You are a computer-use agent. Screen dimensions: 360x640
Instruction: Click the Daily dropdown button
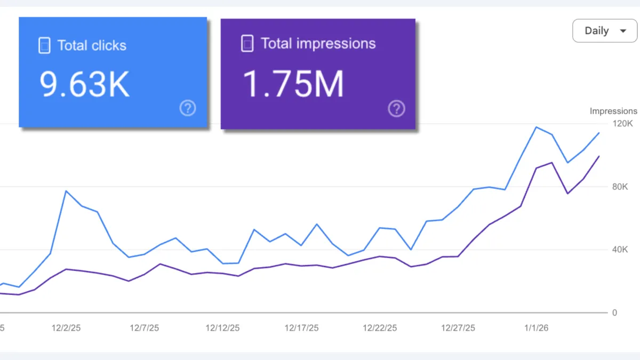[x=604, y=31]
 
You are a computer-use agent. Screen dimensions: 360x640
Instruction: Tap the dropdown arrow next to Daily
[x=623, y=31]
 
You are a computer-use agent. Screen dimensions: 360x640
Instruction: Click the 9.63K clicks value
[x=85, y=84]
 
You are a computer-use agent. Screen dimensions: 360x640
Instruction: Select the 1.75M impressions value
[x=293, y=84]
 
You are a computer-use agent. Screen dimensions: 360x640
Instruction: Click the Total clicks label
[x=92, y=45]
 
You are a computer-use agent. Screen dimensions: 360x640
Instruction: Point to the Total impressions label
[x=318, y=44]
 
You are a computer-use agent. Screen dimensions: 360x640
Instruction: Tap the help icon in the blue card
[x=188, y=108]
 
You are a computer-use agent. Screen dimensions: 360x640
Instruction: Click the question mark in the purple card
[x=396, y=109]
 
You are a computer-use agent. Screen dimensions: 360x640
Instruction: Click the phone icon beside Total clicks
[x=44, y=45]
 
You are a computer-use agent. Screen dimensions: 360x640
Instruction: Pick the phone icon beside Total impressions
[x=247, y=44]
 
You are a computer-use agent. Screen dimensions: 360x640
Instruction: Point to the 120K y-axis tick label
[x=622, y=124]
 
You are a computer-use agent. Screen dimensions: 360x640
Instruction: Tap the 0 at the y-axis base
[x=614, y=313]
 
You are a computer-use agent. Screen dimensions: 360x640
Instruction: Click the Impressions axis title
[x=613, y=111]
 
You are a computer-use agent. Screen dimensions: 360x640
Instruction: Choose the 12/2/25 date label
[x=66, y=328]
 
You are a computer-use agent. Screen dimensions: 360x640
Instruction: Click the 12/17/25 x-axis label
[x=301, y=328]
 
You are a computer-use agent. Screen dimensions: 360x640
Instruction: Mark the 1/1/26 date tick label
[x=536, y=328]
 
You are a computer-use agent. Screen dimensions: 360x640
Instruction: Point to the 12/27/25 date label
[x=458, y=328]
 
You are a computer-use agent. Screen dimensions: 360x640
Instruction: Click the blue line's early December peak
[x=66, y=191]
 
